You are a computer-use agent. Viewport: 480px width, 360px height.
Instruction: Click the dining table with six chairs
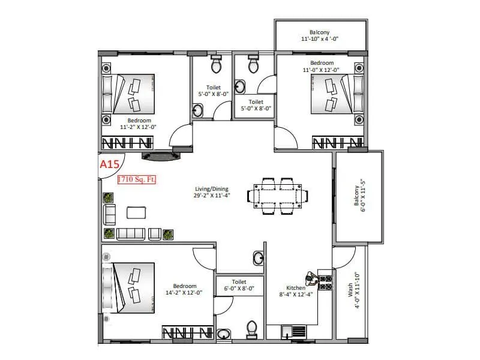tap(279, 195)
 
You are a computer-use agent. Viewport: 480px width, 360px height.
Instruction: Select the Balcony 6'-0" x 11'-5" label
tap(358, 197)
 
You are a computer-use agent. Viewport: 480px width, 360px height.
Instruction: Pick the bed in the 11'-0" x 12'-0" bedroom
tap(332, 94)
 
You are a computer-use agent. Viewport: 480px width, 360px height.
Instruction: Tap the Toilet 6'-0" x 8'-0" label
tap(239, 285)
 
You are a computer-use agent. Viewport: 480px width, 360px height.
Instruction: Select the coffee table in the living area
tap(137, 212)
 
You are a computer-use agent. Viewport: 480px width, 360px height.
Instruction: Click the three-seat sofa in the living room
tap(131, 233)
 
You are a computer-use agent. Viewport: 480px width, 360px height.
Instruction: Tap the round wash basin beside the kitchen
tap(258, 259)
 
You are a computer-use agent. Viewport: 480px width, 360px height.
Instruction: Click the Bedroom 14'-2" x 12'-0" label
tap(185, 289)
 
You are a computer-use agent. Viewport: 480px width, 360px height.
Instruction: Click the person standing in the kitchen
tap(311, 279)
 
